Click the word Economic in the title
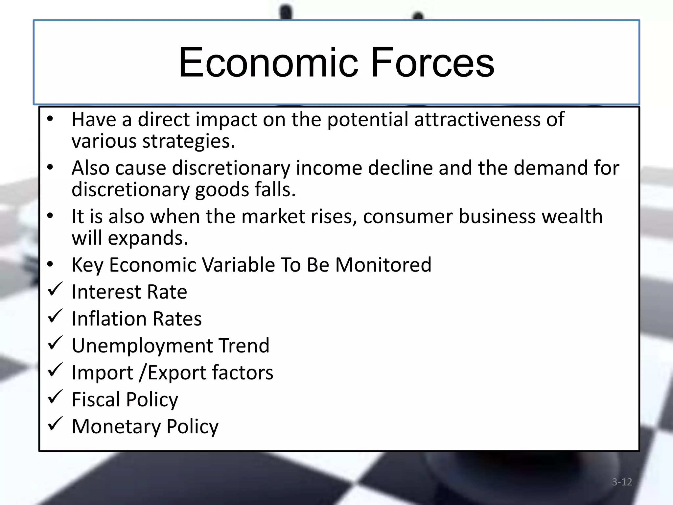[x=268, y=62]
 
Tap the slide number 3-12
[x=622, y=482]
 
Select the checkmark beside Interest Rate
[x=55, y=289]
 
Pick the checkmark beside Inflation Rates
[x=55, y=316]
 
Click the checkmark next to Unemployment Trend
[x=55, y=343]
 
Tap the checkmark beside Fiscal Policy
[x=55, y=397]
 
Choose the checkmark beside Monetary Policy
[x=55, y=424]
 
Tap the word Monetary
[x=116, y=427]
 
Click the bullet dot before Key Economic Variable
[x=50, y=264]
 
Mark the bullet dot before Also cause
[x=50, y=167]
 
